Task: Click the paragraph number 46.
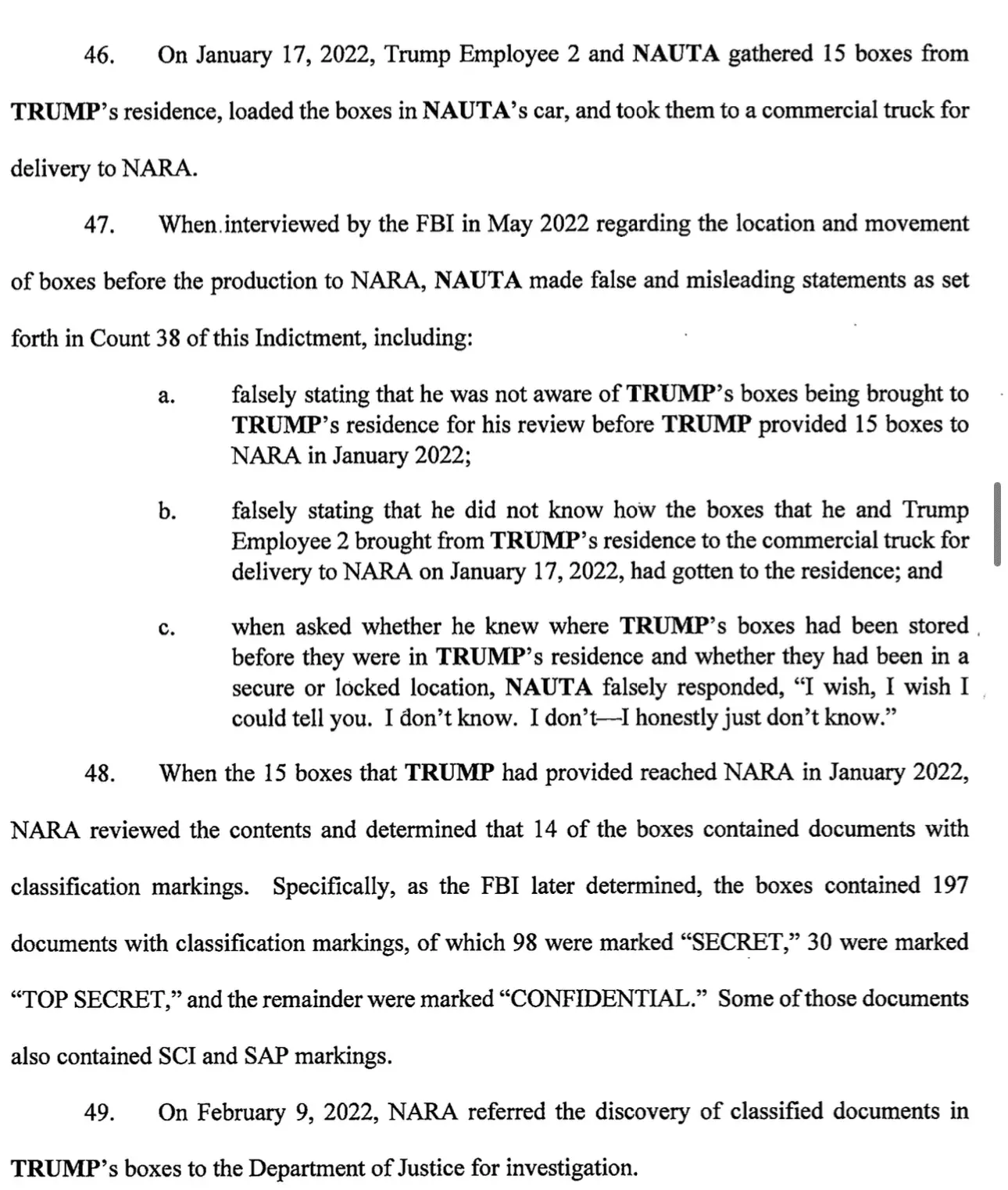point(99,55)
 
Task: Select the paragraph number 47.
point(99,226)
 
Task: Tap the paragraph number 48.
point(99,774)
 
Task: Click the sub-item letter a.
point(166,396)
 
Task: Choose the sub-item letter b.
point(166,512)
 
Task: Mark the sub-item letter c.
point(166,628)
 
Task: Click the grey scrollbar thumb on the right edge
point(996,524)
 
